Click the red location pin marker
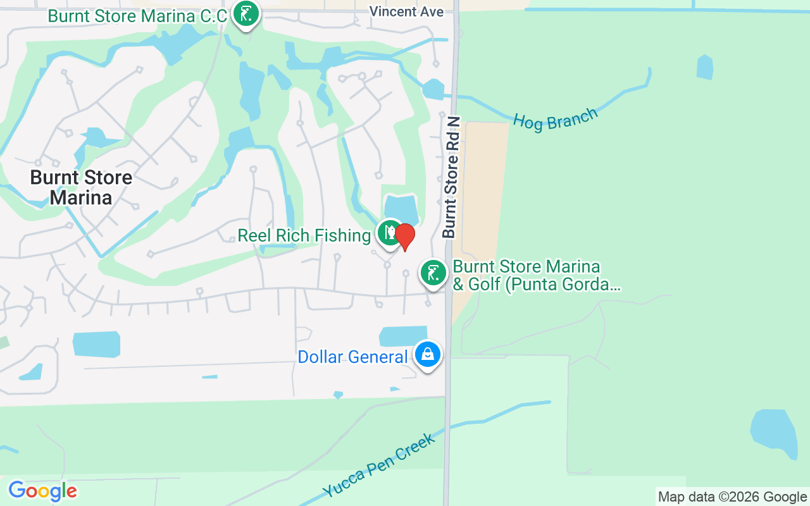(404, 237)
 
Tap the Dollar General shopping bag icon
(427, 355)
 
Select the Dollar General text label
(352, 357)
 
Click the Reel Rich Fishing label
(304, 236)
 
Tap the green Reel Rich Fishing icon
(389, 233)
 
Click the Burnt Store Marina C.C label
(137, 16)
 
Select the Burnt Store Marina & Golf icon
(433, 273)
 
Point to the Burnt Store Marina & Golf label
(535, 275)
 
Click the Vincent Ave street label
(406, 11)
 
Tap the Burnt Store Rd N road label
(450, 177)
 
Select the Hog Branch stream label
(555, 119)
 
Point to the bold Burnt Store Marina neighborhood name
(81, 187)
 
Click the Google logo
(42, 491)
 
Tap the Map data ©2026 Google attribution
(732, 497)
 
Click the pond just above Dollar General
(402, 336)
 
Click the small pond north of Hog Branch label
(705, 67)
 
